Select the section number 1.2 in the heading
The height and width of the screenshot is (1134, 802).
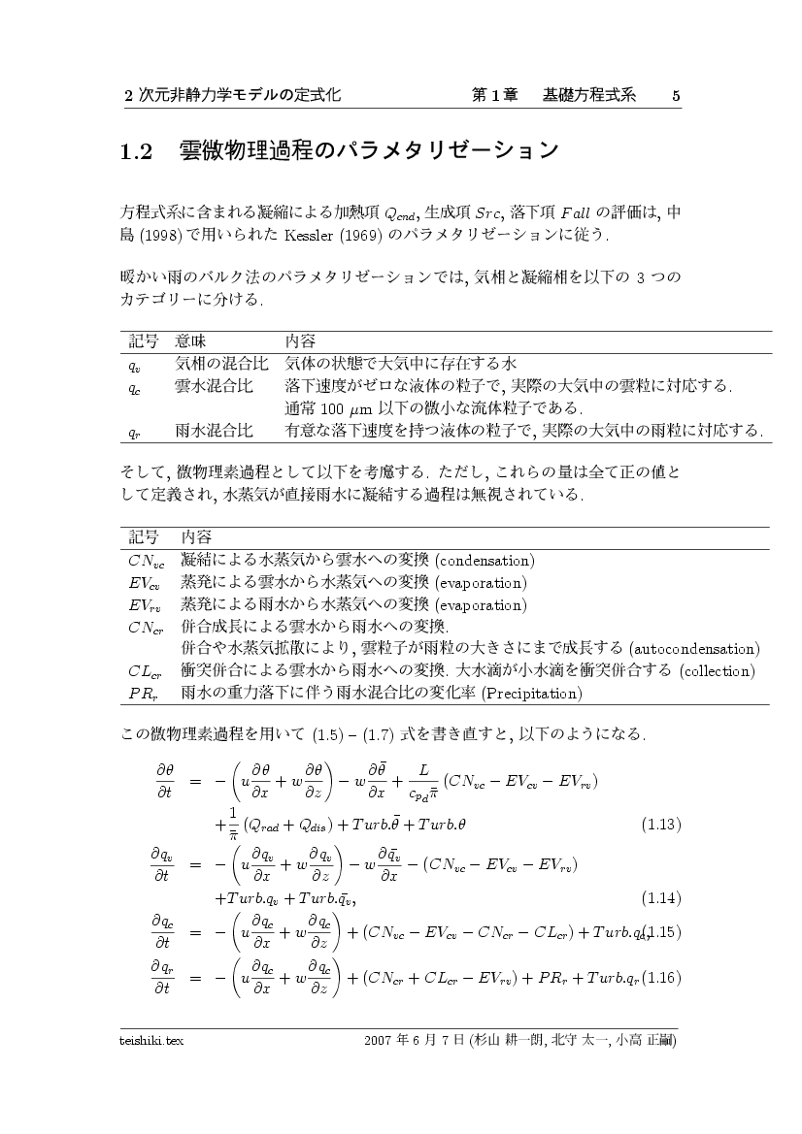(137, 151)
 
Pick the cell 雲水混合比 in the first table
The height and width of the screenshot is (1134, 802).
(215, 386)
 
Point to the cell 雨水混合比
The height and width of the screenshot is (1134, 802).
(215, 429)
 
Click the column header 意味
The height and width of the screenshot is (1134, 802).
(190, 341)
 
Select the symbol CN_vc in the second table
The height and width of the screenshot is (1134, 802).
(147, 561)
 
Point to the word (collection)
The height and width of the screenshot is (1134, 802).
(717, 670)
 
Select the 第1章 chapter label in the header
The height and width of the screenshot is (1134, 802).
(492, 95)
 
